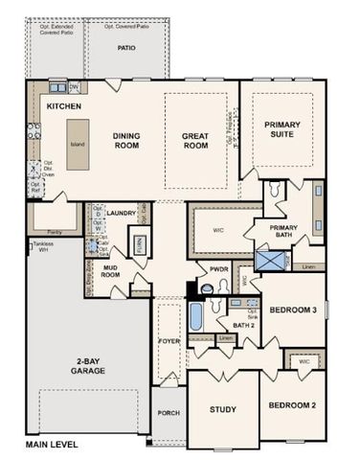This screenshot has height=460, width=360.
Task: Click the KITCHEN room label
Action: pos(64,105)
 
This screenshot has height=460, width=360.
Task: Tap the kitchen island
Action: pos(77,144)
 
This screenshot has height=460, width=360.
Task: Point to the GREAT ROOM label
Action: pos(195,141)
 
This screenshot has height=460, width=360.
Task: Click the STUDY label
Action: pos(223,409)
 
